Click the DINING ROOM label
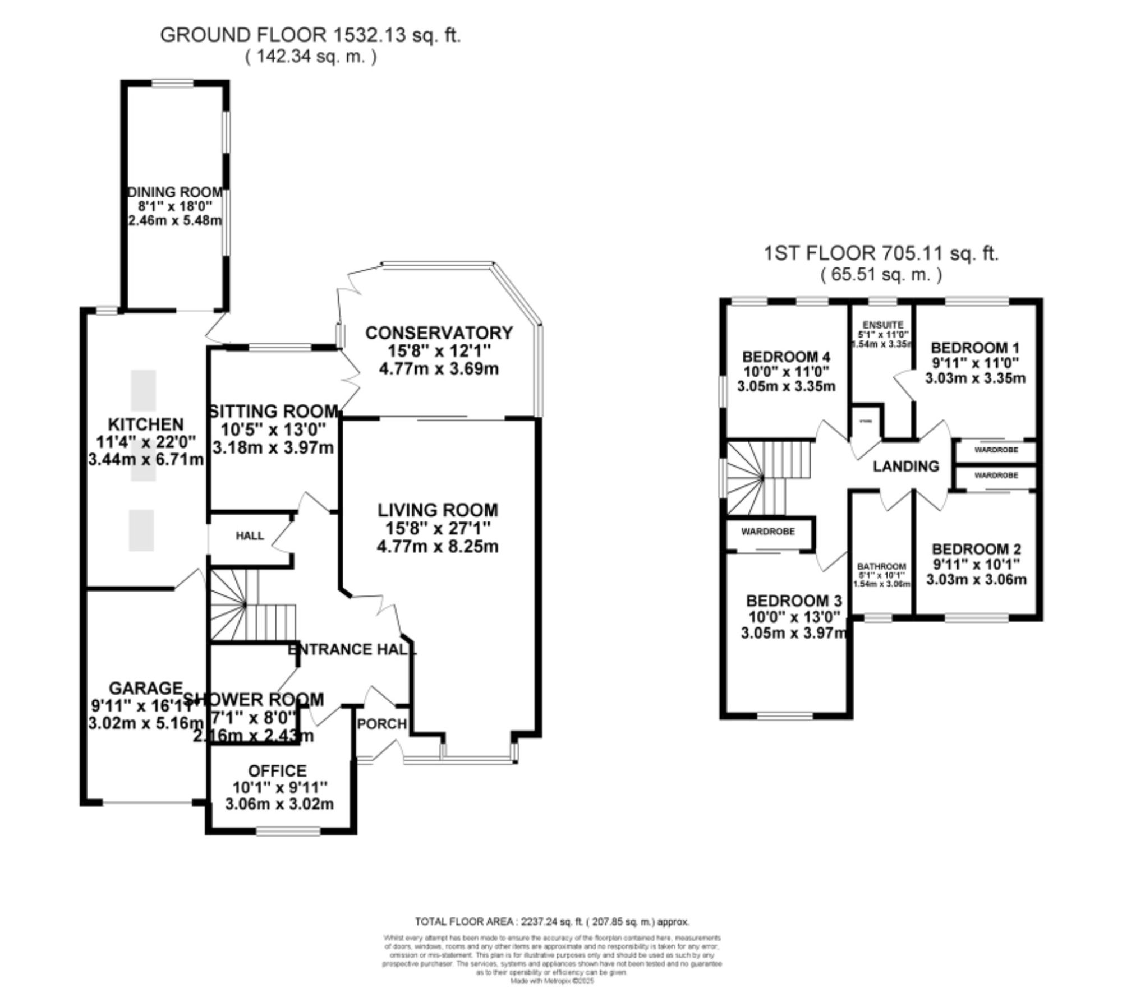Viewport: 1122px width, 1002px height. pos(175,192)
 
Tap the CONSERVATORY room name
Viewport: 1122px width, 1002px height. pos(439,333)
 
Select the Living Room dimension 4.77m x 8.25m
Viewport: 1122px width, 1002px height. pos(438,546)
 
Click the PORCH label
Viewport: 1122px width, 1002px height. pos(382,724)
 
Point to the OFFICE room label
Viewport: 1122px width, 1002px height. pos(277,770)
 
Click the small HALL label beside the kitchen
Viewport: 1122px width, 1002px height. pos(250,535)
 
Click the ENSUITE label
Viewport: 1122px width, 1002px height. pos(883,325)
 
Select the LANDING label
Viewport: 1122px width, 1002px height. pos(905,466)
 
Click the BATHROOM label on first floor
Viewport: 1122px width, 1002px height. pos(881,566)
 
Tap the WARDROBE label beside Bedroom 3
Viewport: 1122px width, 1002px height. pos(768,531)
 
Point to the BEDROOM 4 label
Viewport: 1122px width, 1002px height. pos(786,357)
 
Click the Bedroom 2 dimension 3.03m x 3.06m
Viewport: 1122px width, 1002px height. pos(976,579)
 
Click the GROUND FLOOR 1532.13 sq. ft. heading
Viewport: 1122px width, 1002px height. pos(310,35)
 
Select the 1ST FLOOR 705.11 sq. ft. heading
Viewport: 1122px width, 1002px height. pos(881,253)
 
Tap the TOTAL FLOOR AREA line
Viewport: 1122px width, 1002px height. pos(552,921)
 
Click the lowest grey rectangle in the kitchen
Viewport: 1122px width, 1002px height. pos(141,530)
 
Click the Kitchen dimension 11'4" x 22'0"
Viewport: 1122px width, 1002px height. pos(146,442)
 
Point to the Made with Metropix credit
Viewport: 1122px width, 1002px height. pos(552,981)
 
